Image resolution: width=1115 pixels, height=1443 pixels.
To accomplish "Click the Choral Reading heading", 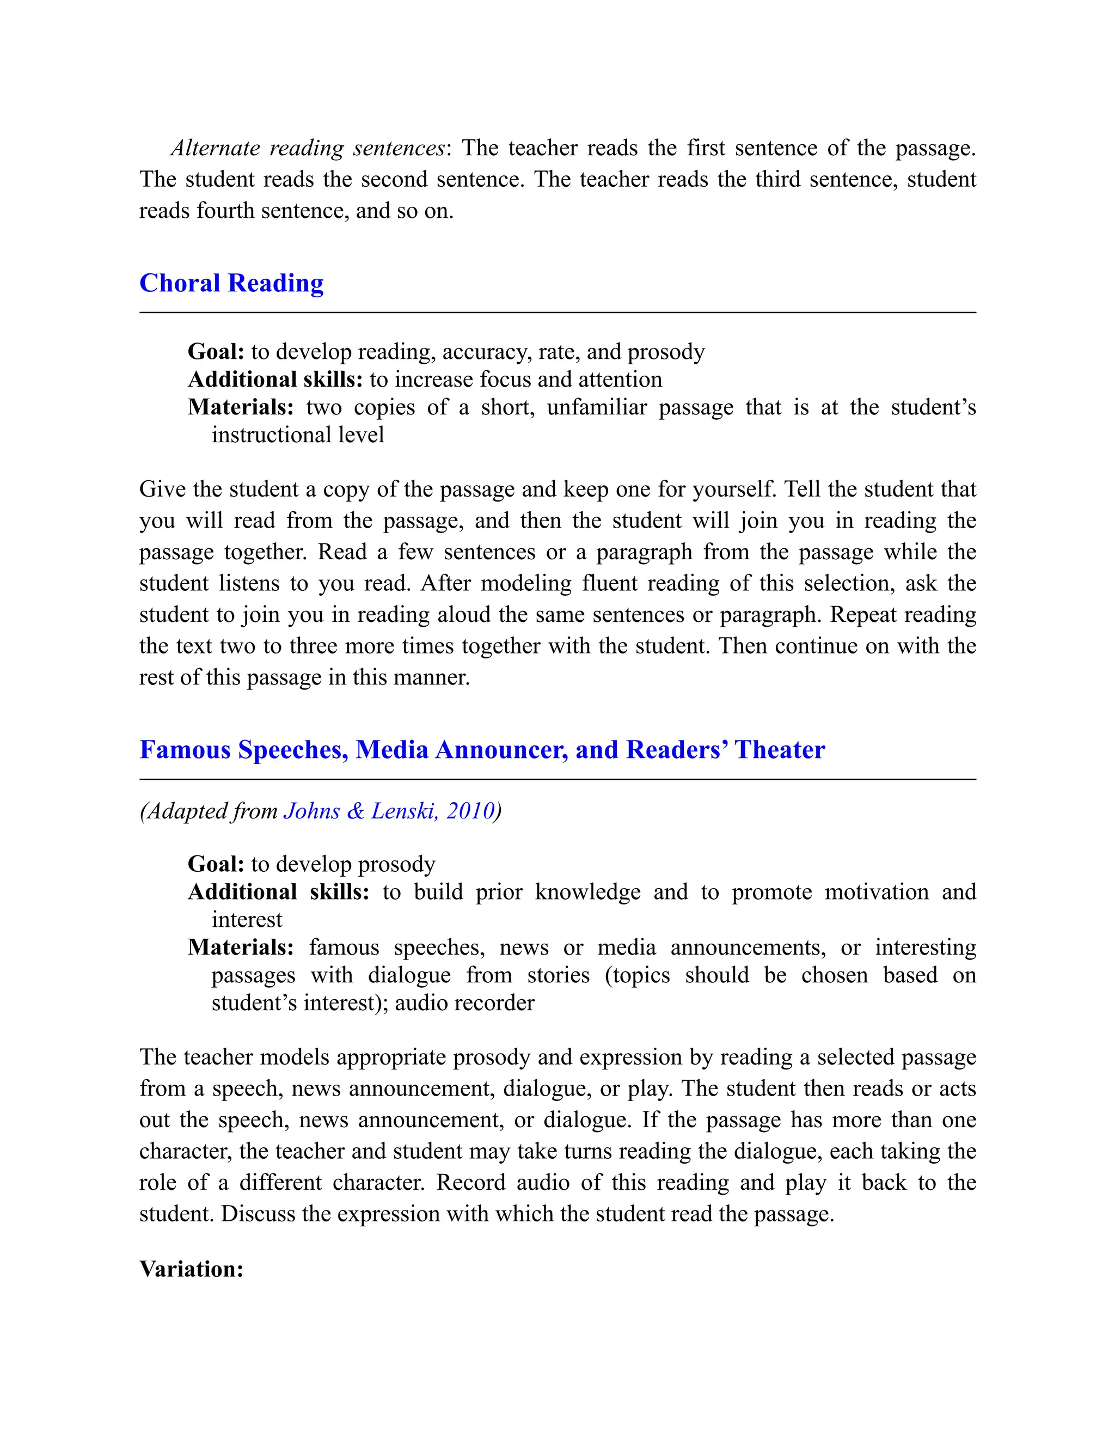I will coord(231,284).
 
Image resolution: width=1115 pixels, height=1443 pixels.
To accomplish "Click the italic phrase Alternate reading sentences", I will coord(308,148).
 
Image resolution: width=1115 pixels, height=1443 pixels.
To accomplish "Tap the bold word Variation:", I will coord(192,1269).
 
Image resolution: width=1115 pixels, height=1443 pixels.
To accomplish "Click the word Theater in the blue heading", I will coord(780,750).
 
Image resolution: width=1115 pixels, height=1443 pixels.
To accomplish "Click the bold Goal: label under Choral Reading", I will coord(216,352).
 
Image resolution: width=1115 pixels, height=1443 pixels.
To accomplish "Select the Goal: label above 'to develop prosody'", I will coord(216,864).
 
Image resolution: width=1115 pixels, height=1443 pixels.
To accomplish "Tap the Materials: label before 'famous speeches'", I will coord(241,947).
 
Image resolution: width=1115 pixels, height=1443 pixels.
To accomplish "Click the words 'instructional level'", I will coord(297,435).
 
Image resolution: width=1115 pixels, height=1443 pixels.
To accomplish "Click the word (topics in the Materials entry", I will coord(637,975).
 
